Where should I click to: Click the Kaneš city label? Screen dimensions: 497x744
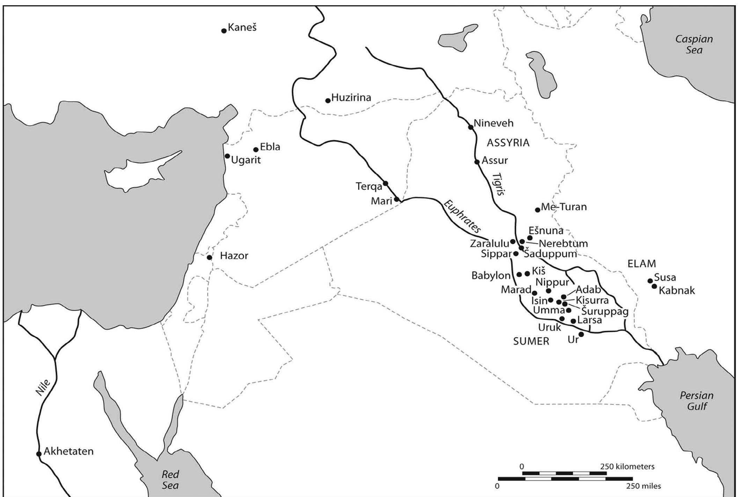coord(242,27)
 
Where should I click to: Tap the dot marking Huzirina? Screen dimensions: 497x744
coord(328,101)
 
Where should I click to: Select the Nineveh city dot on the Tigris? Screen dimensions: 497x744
coord(471,127)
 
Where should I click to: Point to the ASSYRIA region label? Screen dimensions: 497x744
coord(508,142)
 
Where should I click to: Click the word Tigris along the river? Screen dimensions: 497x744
coord(499,184)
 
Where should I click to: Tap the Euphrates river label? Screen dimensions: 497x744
coord(462,217)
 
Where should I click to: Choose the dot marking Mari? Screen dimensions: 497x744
coord(396,200)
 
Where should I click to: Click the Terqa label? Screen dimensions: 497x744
coord(369,186)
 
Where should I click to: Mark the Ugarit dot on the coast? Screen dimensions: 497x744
coord(227,156)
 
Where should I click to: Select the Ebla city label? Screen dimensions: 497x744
coord(270,147)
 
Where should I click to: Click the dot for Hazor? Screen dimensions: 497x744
coord(209,258)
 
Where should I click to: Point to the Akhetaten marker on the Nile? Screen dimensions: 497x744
coord(39,454)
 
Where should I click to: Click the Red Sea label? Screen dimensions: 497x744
coord(170,480)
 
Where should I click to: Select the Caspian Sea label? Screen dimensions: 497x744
coord(694,44)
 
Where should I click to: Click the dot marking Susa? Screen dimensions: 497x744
coord(650,281)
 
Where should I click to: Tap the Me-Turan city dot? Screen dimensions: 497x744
coord(538,210)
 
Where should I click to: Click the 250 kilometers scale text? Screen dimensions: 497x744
coord(627,466)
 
